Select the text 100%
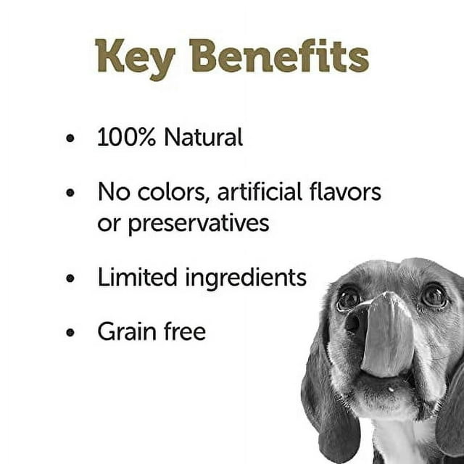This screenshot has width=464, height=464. [127, 137]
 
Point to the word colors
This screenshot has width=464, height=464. [170, 193]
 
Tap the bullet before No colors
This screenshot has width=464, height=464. [70, 194]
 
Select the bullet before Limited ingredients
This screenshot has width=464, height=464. [70, 278]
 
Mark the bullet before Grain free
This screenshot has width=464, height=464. [70, 333]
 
